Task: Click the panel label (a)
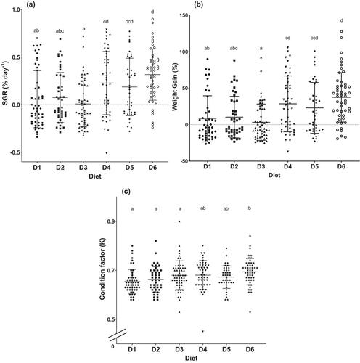tap(31, 4)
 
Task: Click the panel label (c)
tap(126, 192)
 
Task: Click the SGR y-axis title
tap(6, 83)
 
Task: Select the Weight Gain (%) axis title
tap(175, 87)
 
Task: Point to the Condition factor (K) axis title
tap(102, 271)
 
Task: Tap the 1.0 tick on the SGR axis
tap(17, 9)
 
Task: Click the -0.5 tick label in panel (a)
tap(15, 152)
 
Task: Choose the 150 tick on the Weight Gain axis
tap(184, 15)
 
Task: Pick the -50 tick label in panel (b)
tap(184, 161)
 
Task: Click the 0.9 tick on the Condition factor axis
tap(110, 221)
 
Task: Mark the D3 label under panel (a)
tap(83, 167)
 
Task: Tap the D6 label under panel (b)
tap(341, 166)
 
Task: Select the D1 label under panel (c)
tap(132, 349)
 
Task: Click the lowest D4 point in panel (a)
tap(106, 153)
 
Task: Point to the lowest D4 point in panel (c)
tap(203, 331)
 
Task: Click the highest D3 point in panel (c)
tap(179, 221)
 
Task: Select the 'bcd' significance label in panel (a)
tap(129, 22)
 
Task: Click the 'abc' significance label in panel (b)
tap(234, 49)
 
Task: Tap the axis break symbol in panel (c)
tap(118, 335)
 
